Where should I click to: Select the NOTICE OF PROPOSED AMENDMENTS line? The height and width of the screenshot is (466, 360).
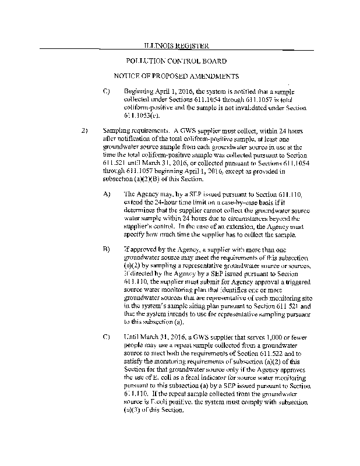(x=176, y=76)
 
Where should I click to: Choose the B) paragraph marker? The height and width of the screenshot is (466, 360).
(x=107, y=249)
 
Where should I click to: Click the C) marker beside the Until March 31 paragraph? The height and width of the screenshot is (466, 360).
(x=107, y=337)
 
